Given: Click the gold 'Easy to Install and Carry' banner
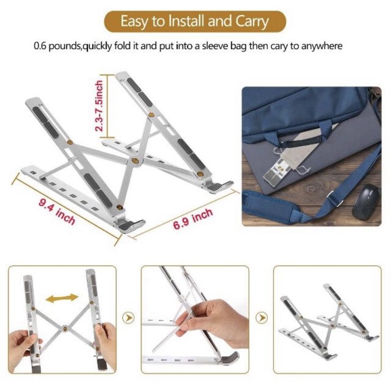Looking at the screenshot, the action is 195,21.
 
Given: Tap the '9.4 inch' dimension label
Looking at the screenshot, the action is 57,212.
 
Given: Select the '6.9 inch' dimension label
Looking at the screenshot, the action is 193,219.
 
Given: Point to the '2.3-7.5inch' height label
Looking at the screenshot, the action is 99,105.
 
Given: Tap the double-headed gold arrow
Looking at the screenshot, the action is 62,298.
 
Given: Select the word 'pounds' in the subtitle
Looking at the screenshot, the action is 63,46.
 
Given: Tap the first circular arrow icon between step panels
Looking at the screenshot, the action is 128,318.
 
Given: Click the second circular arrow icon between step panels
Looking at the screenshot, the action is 262,318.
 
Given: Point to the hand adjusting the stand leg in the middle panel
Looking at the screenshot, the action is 212,322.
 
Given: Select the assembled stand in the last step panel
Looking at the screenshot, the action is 329,322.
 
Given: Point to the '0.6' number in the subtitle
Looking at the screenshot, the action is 40,46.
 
